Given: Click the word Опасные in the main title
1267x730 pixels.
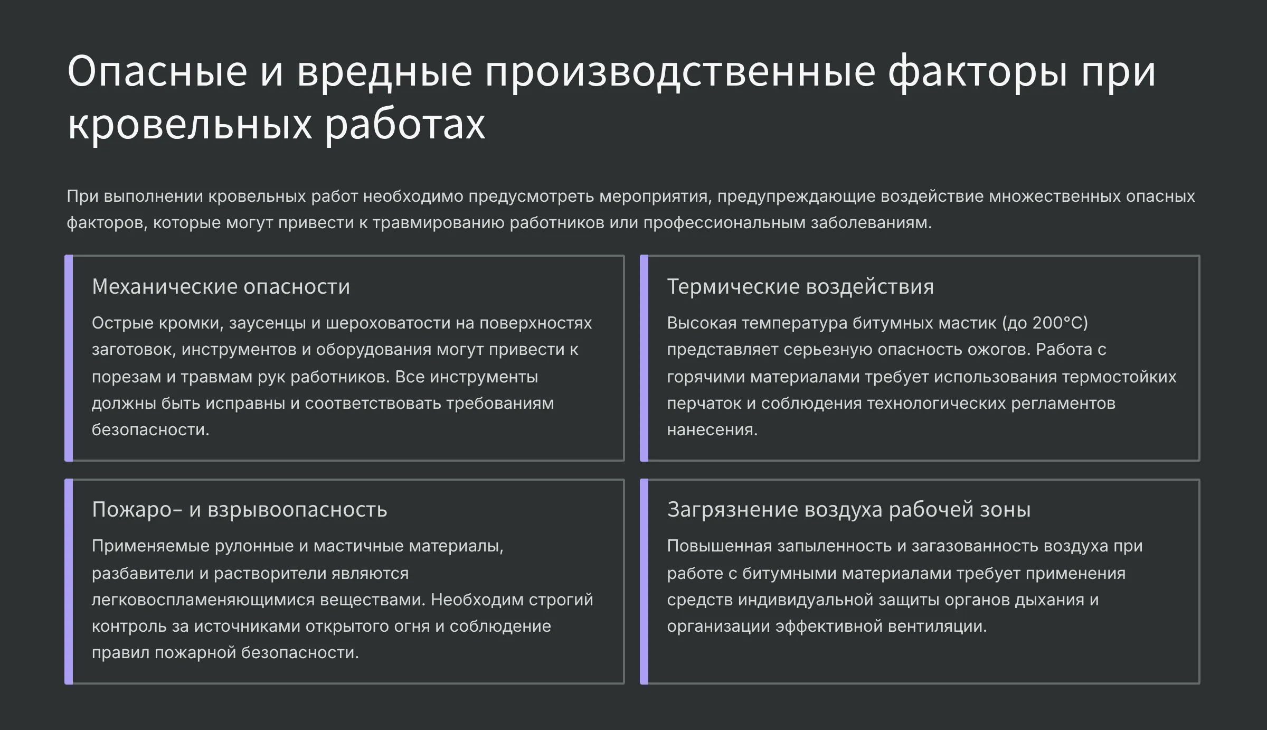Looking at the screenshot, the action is click(157, 71).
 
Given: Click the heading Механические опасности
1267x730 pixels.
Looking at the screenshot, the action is click(221, 286).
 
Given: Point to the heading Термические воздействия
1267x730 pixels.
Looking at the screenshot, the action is click(800, 286).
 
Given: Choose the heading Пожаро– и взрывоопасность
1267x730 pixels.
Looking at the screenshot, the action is click(240, 510).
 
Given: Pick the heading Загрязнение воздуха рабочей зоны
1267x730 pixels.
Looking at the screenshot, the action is click(849, 510).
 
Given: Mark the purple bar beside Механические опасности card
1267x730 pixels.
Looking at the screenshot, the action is click(69, 358).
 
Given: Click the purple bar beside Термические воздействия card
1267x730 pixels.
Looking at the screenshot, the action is click(644, 358).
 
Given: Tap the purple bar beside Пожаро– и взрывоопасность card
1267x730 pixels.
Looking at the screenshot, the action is click(69, 582).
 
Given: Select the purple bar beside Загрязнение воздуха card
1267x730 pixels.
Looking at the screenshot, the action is click(644, 582).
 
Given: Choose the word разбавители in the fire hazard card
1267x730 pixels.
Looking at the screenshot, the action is click(143, 574).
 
